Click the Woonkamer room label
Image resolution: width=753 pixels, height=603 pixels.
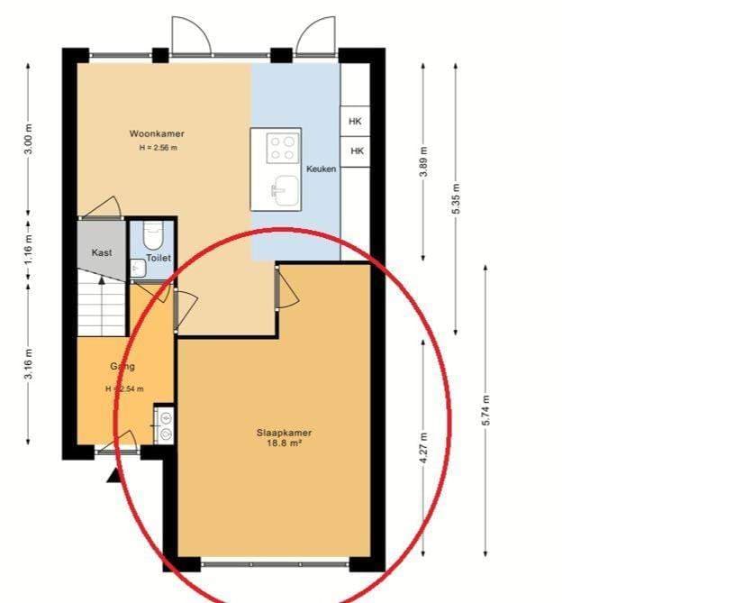point(156,133)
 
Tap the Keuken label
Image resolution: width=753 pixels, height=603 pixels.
point(321,169)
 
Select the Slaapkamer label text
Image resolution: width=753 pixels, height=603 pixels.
point(284,433)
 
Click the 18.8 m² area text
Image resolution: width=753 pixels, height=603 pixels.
point(284,443)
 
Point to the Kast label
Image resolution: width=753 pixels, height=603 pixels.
point(102,253)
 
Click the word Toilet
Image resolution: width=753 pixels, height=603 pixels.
point(159,258)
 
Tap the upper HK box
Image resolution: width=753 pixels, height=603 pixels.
point(356,121)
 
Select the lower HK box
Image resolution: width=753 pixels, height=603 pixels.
point(356,151)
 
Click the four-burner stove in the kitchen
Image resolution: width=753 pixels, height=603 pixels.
point(283,147)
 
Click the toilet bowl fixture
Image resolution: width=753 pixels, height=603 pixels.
point(152,236)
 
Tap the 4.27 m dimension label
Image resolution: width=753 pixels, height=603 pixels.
point(424,447)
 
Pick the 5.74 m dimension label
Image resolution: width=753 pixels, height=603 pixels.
point(486,411)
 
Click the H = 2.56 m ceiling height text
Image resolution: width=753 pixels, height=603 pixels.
point(158,148)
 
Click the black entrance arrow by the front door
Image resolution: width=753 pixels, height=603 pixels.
point(114,474)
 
